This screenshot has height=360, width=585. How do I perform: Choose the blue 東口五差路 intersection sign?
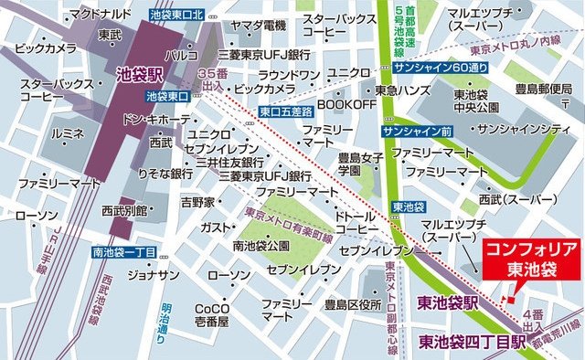click(286, 111)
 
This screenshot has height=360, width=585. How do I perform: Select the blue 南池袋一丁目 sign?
click(126, 252)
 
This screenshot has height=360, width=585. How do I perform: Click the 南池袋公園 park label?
click(261, 246)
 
